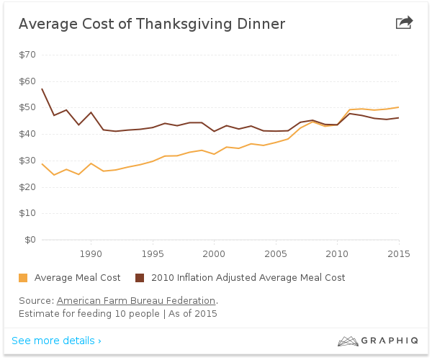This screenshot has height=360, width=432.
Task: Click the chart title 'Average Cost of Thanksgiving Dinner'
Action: pos(151,24)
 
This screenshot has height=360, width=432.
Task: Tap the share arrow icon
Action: pos(405,22)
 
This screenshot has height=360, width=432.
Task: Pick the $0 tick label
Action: pos(30,240)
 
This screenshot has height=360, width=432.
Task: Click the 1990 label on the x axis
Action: pos(91,253)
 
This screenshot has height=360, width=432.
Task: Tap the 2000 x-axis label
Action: pos(214,253)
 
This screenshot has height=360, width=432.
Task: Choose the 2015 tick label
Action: pos(398,253)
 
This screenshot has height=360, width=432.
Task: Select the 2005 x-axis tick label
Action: pos(276,253)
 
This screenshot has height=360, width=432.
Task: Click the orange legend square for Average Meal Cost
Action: pos(23,278)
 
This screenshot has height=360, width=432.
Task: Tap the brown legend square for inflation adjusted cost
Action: pos(140,278)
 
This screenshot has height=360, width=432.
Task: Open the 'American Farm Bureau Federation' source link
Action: pos(136,300)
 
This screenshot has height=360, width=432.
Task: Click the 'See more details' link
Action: pos(56,341)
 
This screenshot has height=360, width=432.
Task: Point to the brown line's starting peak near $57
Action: pos(42,89)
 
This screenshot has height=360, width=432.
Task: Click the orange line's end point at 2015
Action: pos(399,107)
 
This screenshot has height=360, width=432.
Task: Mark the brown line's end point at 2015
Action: pos(399,118)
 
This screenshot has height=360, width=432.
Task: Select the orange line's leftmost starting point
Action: pos(42,163)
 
